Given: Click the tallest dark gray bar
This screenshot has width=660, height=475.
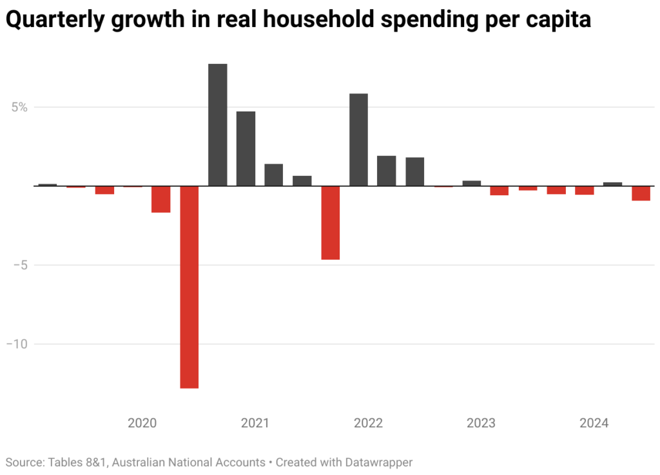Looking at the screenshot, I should point(217,125).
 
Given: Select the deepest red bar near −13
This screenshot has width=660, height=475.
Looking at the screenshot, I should point(189,287).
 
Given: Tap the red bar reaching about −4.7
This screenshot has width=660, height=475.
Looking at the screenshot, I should point(330,223).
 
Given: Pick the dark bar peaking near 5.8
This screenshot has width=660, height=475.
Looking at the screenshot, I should point(358,140).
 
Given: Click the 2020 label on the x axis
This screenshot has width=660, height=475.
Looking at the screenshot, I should point(142,423).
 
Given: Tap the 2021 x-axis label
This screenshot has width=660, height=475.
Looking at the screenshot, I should point(255,423).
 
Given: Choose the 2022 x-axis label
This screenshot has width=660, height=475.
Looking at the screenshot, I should point(368,423).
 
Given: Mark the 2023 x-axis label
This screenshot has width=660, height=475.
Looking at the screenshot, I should point(481,423).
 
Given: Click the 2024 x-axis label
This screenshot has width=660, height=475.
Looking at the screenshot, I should point(594,423).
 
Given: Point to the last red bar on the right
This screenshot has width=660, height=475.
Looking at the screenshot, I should point(641,193).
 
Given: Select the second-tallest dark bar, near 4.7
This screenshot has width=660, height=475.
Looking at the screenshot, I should point(246,149).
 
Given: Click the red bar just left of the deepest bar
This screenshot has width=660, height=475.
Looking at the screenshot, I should point(160,199).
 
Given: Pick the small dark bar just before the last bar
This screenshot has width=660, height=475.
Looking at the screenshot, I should point(612,184).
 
